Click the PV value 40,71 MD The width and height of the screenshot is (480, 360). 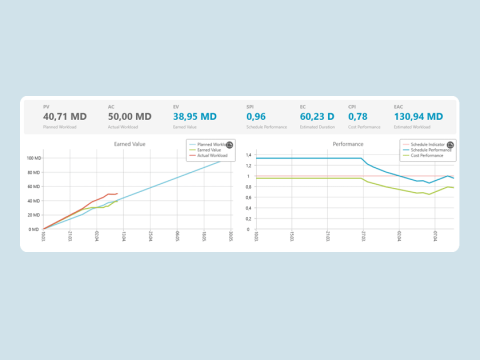(x=65, y=116)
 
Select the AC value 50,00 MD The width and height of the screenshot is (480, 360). (x=130, y=116)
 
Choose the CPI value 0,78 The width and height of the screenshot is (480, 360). (x=358, y=116)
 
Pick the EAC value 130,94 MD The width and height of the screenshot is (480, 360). (x=412, y=116)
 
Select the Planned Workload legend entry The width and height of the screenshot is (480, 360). (x=208, y=145)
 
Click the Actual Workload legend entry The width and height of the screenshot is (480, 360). (x=208, y=155)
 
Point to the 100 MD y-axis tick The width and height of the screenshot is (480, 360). (x=33, y=158)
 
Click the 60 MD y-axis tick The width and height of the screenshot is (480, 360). (x=34, y=187)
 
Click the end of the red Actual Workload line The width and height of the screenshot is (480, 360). (x=117, y=194)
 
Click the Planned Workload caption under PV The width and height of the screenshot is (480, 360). (x=58, y=127)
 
